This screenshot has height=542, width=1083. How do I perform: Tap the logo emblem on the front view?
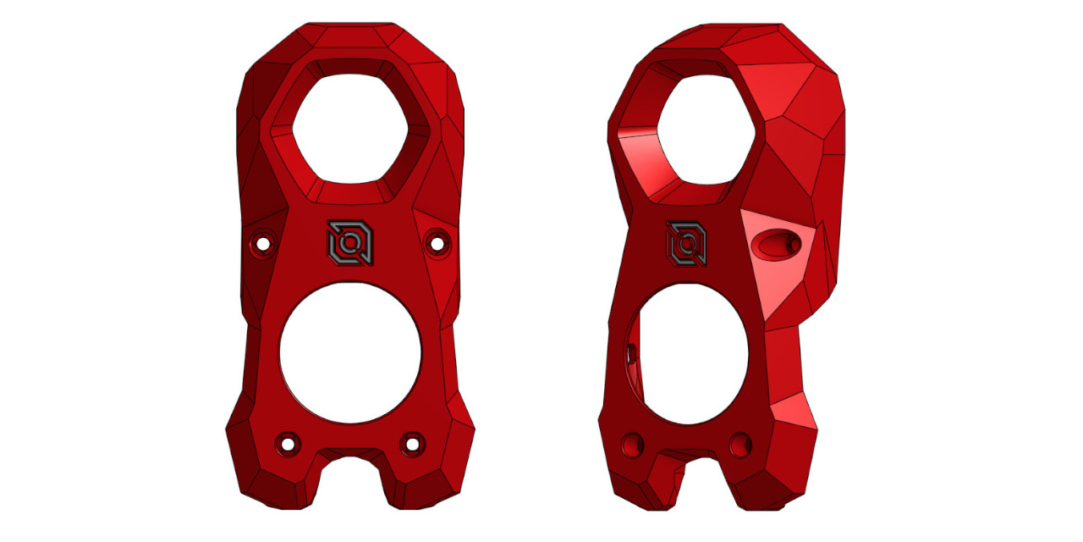[x=349, y=243]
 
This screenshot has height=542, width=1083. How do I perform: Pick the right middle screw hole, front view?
[x=437, y=243]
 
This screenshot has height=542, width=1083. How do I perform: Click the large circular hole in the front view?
[x=350, y=352]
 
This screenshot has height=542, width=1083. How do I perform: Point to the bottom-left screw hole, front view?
[x=289, y=443]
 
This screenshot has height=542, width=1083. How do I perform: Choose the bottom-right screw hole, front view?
[x=413, y=442]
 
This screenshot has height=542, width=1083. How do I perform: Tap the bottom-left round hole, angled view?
[x=632, y=443]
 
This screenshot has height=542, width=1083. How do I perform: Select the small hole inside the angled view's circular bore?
[x=631, y=352]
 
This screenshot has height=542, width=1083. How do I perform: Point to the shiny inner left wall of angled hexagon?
[x=639, y=152]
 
